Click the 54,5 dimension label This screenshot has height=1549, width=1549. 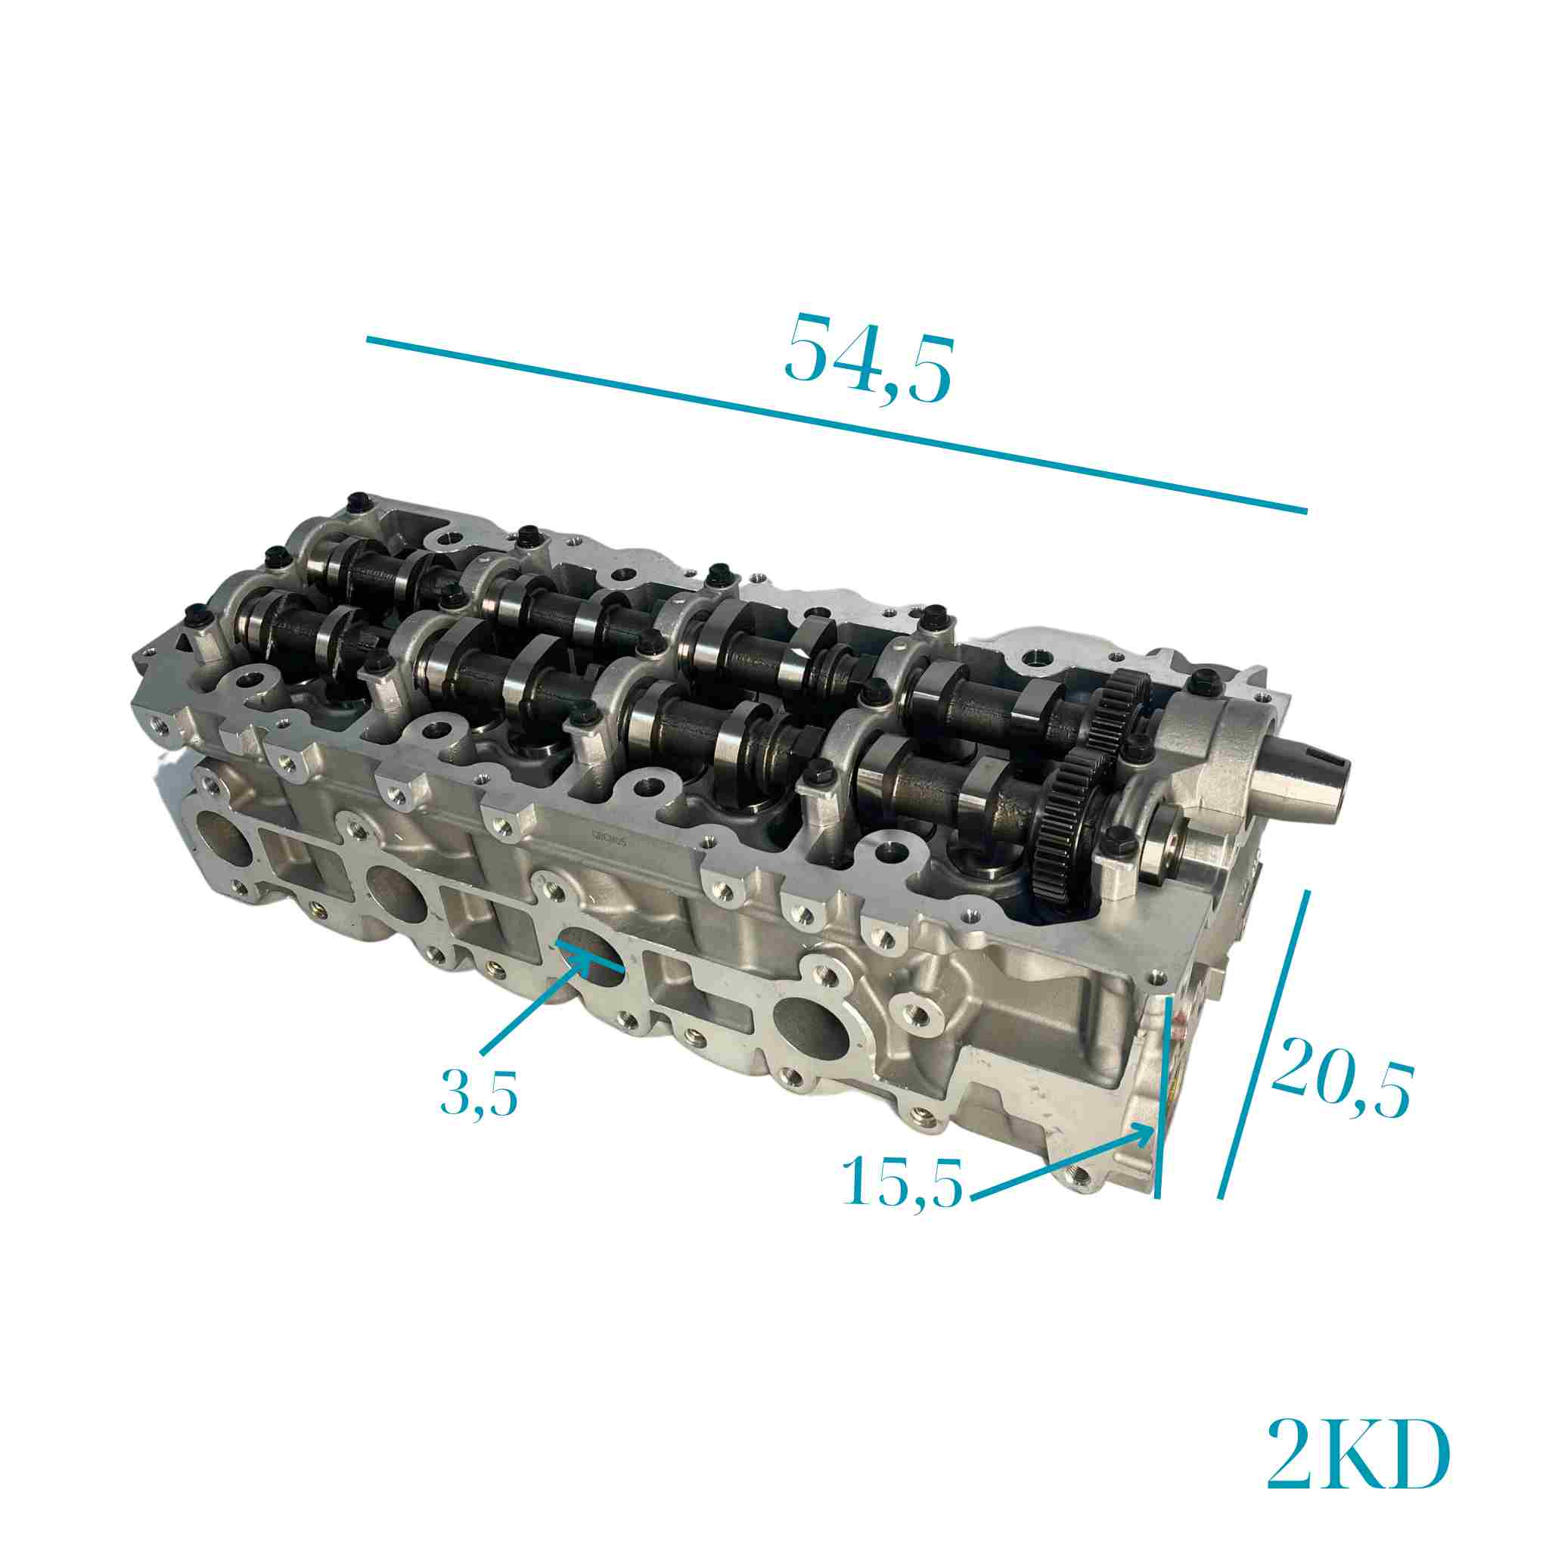pos(868,358)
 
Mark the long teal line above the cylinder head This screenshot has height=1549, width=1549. pos(837,425)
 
